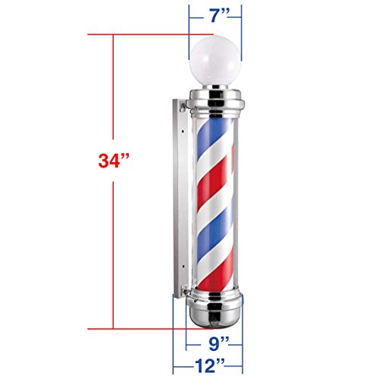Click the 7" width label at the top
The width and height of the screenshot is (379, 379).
click(x=216, y=16)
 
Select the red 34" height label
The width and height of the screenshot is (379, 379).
click(x=114, y=161)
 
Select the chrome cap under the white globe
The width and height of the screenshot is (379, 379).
click(x=217, y=100)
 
